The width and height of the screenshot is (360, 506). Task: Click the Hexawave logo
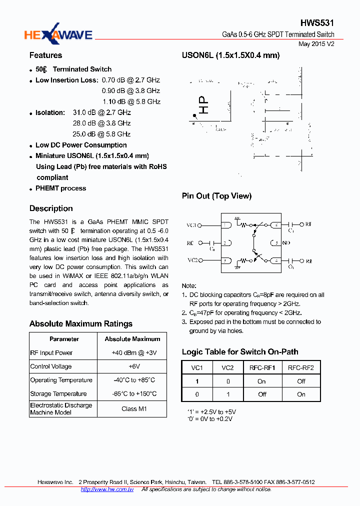point(58,34)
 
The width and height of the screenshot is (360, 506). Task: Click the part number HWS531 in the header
point(317,23)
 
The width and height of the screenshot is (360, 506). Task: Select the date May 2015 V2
point(316,44)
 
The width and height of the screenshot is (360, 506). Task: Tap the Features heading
point(45,55)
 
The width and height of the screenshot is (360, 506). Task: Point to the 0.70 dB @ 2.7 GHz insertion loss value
point(130,80)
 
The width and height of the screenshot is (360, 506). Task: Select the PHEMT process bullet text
point(60,188)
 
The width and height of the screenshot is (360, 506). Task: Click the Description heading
point(51,208)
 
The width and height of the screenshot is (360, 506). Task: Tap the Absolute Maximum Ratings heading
point(80,324)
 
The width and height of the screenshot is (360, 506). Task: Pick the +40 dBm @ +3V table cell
point(132,353)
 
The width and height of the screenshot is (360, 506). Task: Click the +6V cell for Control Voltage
point(132,366)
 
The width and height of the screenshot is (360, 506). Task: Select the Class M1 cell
point(132,409)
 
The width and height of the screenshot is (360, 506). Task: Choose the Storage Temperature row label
point(58,394)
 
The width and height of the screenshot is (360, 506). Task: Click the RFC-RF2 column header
point(301,368)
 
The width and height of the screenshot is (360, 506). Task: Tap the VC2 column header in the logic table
point(227,368)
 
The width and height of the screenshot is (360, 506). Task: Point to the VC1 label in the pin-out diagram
point(192,225)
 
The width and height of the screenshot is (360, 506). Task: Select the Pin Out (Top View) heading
point(216,196)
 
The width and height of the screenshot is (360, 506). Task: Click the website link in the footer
point(107,489)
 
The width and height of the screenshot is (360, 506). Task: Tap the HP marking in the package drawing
point(203,105)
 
